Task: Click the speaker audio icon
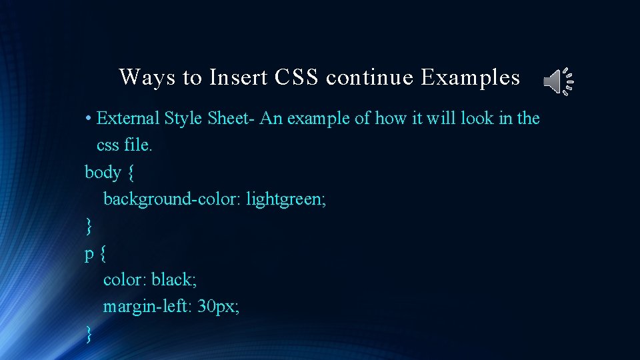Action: click(x=559, y=81)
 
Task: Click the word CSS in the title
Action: click(x=296, y=77)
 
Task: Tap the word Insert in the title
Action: click(x=239, y=77)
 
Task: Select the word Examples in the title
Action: click(x=470, y=77)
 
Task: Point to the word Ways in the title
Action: click(x=147, y=77)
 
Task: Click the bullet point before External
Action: click(x=88, y=119)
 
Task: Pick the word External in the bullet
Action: click(x=128, y=118)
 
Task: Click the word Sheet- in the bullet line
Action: click(x=231, y=118)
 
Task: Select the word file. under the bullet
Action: click(x=139, y=145)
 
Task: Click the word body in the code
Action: click(x=103, y=172)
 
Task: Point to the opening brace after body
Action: click(x=131, y=173)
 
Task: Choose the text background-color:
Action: click(x=172, y=199)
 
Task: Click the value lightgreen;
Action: click(x=286, y=199)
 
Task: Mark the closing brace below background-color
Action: click(x=89, y=226)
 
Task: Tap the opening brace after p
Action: click(x=103, y=253)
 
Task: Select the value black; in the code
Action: click(x=174, y=279)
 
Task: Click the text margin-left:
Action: click(x=147, y=307)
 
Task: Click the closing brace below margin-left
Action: click(x=89, y=334)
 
